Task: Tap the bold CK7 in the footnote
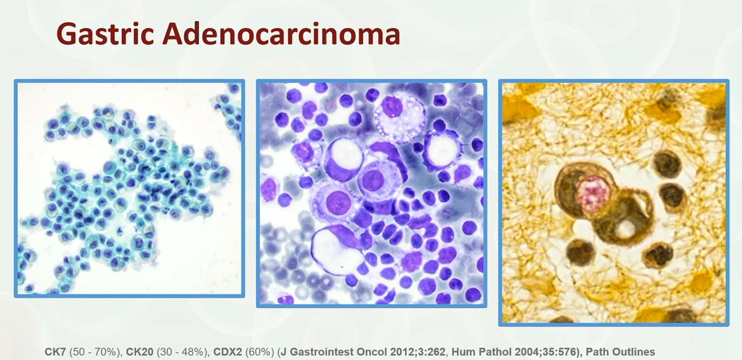pos(54,351)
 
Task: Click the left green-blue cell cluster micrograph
pos(129,188)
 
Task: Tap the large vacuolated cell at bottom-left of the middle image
pos(338,250)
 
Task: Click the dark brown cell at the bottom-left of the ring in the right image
pos(581,252)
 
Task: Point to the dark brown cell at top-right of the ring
pos(667,163)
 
